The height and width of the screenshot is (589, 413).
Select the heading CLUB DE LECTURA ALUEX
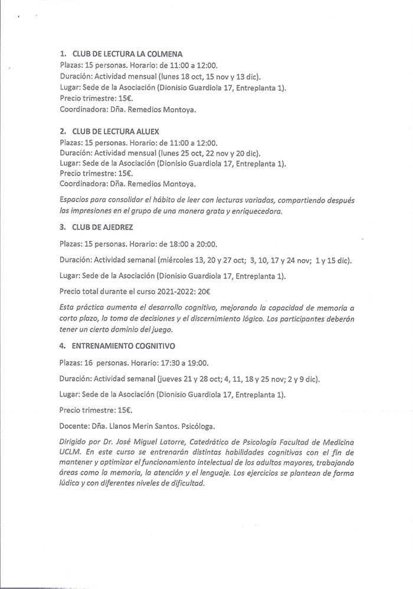coord(116,132)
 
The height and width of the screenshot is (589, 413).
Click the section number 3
coord(63,226)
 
